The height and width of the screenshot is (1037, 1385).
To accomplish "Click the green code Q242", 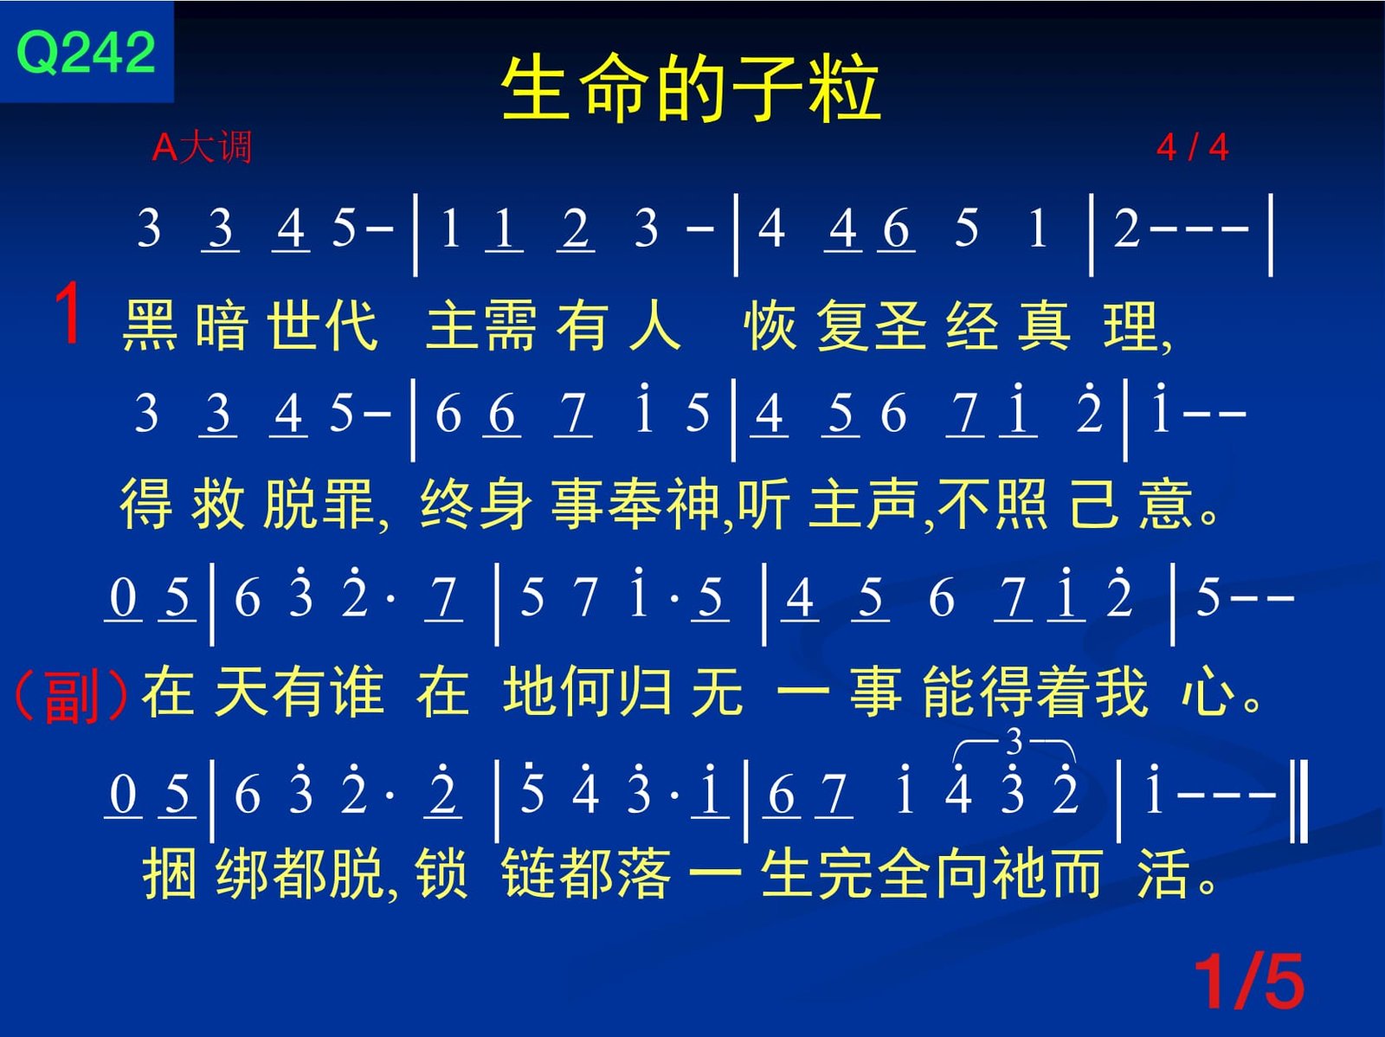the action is pyautogui.click(x=86, y=52).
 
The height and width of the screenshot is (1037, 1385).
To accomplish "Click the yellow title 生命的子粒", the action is pyautogui.click(x=690, y=87).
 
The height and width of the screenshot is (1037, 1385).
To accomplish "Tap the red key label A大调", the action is pyautogui.click(x=202, y=148).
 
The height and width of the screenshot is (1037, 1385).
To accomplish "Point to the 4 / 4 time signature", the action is pyautogui.click(x=1192, y=148).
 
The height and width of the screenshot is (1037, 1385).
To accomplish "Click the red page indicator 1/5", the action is pyautogui.click(x=1249, y=982).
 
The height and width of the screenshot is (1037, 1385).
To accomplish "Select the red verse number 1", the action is pyautogui.click(x=68, y=312).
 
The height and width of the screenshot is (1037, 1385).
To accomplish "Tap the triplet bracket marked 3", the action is pyautogui.click(x=1014, y=744).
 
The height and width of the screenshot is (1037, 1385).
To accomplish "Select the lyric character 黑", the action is pyautogui.click(x=150, y=325).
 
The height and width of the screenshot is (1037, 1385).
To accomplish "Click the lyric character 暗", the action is pyautogui.click(x=221, y=325).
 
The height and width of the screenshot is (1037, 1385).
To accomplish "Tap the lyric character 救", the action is pyautogui.click(x=217, y=504).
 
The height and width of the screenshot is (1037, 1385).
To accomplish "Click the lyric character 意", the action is pyautogui.click(x=1165, y=504).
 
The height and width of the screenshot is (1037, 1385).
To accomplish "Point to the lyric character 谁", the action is pyautogui.click(x=358, y=692).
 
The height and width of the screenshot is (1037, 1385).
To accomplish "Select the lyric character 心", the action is pyautogui.click(x=1208, y=692).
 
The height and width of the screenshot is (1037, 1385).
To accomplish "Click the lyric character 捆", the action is pyautogui.click(x=169, y=873).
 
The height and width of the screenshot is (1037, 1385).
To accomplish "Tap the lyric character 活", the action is pyautogui.click(x=1164, y=873).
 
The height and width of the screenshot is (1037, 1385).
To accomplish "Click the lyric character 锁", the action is pyautogui.click(x=441, y=873).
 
